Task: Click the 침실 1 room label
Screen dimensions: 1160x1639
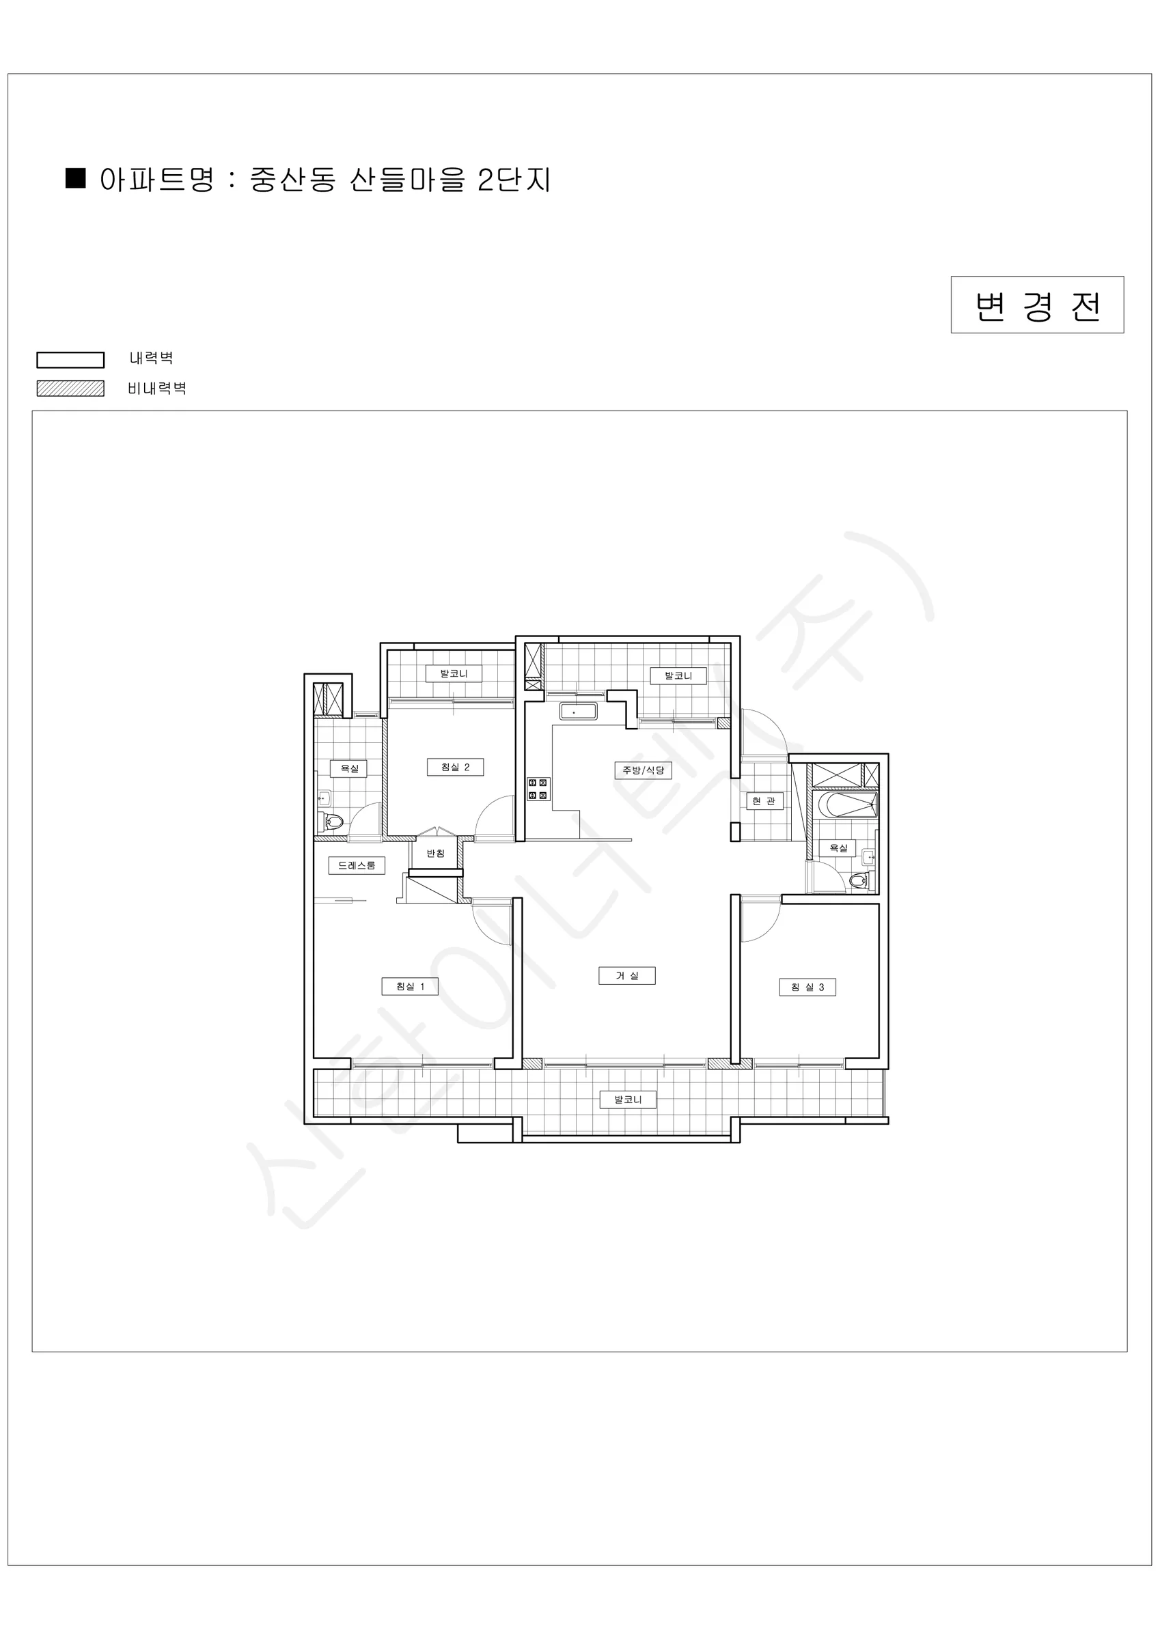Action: click(410, 987)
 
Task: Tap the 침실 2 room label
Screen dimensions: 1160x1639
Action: click(455, 768)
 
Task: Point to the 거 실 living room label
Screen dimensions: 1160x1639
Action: click(627, 976)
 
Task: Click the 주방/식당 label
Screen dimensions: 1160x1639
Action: click(643, 770)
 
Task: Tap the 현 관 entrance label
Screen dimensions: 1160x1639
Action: click(764, 801)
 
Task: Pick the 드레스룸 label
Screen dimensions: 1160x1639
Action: click(357, 865)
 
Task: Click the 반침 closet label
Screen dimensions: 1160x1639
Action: click(436, 853)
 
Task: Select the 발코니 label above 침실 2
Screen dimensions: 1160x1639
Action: click(454, 673)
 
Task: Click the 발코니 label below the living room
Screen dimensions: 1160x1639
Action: click(628, 1099)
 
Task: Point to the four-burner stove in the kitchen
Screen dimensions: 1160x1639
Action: click(538, 789)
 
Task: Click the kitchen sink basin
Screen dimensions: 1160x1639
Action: click(579, 712)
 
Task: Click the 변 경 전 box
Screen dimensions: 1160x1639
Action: click(1037, 305)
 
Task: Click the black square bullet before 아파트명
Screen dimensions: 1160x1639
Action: click(76, 178)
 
